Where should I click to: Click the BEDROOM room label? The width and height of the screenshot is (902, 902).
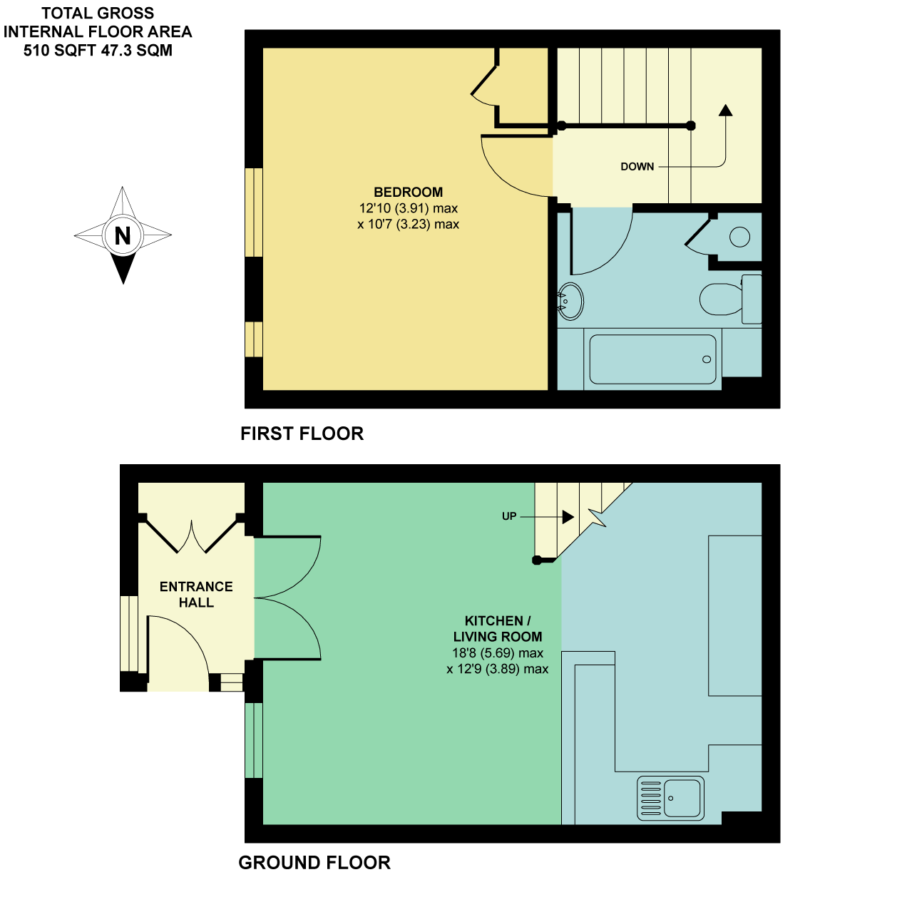(408, 192)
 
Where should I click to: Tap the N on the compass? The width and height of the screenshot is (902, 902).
(123, 235)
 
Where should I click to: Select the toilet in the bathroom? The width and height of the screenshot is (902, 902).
(730, 299)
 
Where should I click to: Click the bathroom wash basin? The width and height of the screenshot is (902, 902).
(570, 301)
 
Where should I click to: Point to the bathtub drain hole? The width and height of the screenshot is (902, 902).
(707, 359)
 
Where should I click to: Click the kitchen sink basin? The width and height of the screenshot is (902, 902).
(683, 798)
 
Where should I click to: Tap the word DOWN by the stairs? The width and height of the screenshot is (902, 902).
(637, 167)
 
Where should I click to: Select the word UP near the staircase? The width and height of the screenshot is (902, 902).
(509, 516)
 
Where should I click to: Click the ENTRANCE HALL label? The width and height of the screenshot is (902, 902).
(196, 594)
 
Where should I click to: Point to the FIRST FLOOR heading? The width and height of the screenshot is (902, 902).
(302, 434)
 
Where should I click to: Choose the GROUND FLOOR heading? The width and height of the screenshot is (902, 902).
(314, 862)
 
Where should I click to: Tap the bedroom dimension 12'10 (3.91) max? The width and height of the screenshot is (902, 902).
(408, 207)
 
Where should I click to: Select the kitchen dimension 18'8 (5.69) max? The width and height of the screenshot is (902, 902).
(498, 652)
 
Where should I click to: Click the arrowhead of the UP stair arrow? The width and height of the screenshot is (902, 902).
(568, 517)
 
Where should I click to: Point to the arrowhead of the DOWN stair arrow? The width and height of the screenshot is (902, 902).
(726, 110)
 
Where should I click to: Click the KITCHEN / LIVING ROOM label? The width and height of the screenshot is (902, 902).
(498, 629)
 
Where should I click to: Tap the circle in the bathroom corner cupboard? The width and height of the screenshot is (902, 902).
(739, 237)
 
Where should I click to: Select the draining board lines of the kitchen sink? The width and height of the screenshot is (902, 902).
(650, 798)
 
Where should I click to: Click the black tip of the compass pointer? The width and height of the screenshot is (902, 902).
(123, 283)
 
